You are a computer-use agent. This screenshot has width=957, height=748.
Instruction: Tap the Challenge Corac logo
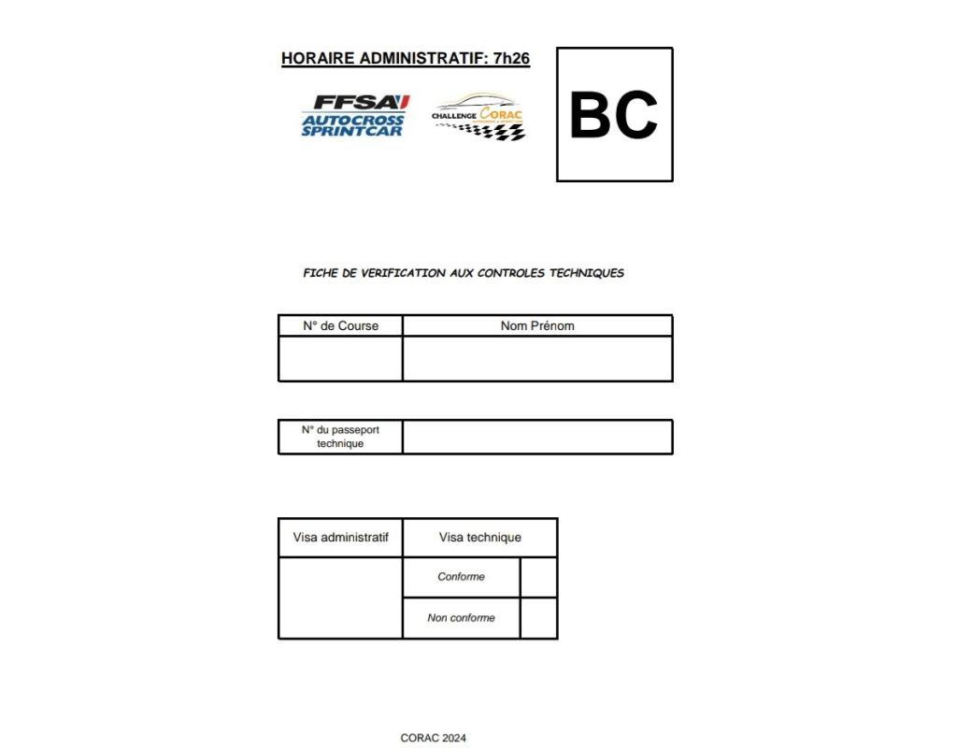click(x=478, y=118)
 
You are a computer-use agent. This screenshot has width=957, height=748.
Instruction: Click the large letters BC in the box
click(x=614, y=115)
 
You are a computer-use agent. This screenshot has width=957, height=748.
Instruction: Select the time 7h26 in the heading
click(x=511, y=58)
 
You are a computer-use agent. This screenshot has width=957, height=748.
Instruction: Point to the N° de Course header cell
click(x=340, y=325)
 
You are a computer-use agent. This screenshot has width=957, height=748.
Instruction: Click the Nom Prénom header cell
click(x=537, y=325)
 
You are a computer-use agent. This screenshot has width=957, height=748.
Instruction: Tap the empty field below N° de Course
click(x=340, y=358)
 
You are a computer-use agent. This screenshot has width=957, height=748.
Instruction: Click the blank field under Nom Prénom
click(x=537, y=358)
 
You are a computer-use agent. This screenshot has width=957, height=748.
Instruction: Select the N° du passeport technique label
click(x=340, y=437)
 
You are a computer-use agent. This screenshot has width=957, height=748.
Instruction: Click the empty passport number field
click(x=537, y=437)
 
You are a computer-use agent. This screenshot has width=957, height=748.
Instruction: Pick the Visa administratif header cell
click(x=340, y=538)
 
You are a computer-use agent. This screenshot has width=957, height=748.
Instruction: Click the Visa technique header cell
click(x=480, y=538)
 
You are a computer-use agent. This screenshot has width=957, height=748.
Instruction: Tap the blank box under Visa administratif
click(x=340, y=598)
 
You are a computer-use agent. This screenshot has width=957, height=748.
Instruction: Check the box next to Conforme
click(x=538, y=577)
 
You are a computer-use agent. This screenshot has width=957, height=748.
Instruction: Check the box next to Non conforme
click(x=538, y=618)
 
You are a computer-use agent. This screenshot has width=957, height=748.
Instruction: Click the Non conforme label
click(x=461, y=618)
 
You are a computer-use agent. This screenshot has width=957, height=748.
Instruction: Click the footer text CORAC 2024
click(x=433, y=738)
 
